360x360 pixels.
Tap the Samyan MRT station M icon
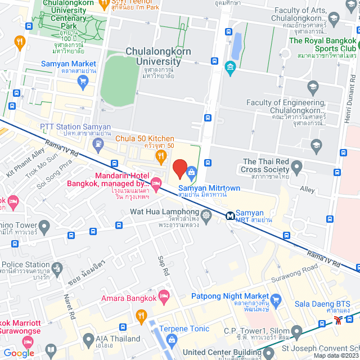pos(231,215)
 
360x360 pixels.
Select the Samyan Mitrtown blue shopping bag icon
pos(191,171)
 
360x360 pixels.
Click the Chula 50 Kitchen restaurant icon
pos(161,156)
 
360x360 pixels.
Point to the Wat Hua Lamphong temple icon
pos(206,215)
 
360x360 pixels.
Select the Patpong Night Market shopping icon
pos(276,300)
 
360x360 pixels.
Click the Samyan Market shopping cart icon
pos(83,82)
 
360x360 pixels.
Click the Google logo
pos(19,353)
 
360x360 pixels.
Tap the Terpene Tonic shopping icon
pos(171,339)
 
